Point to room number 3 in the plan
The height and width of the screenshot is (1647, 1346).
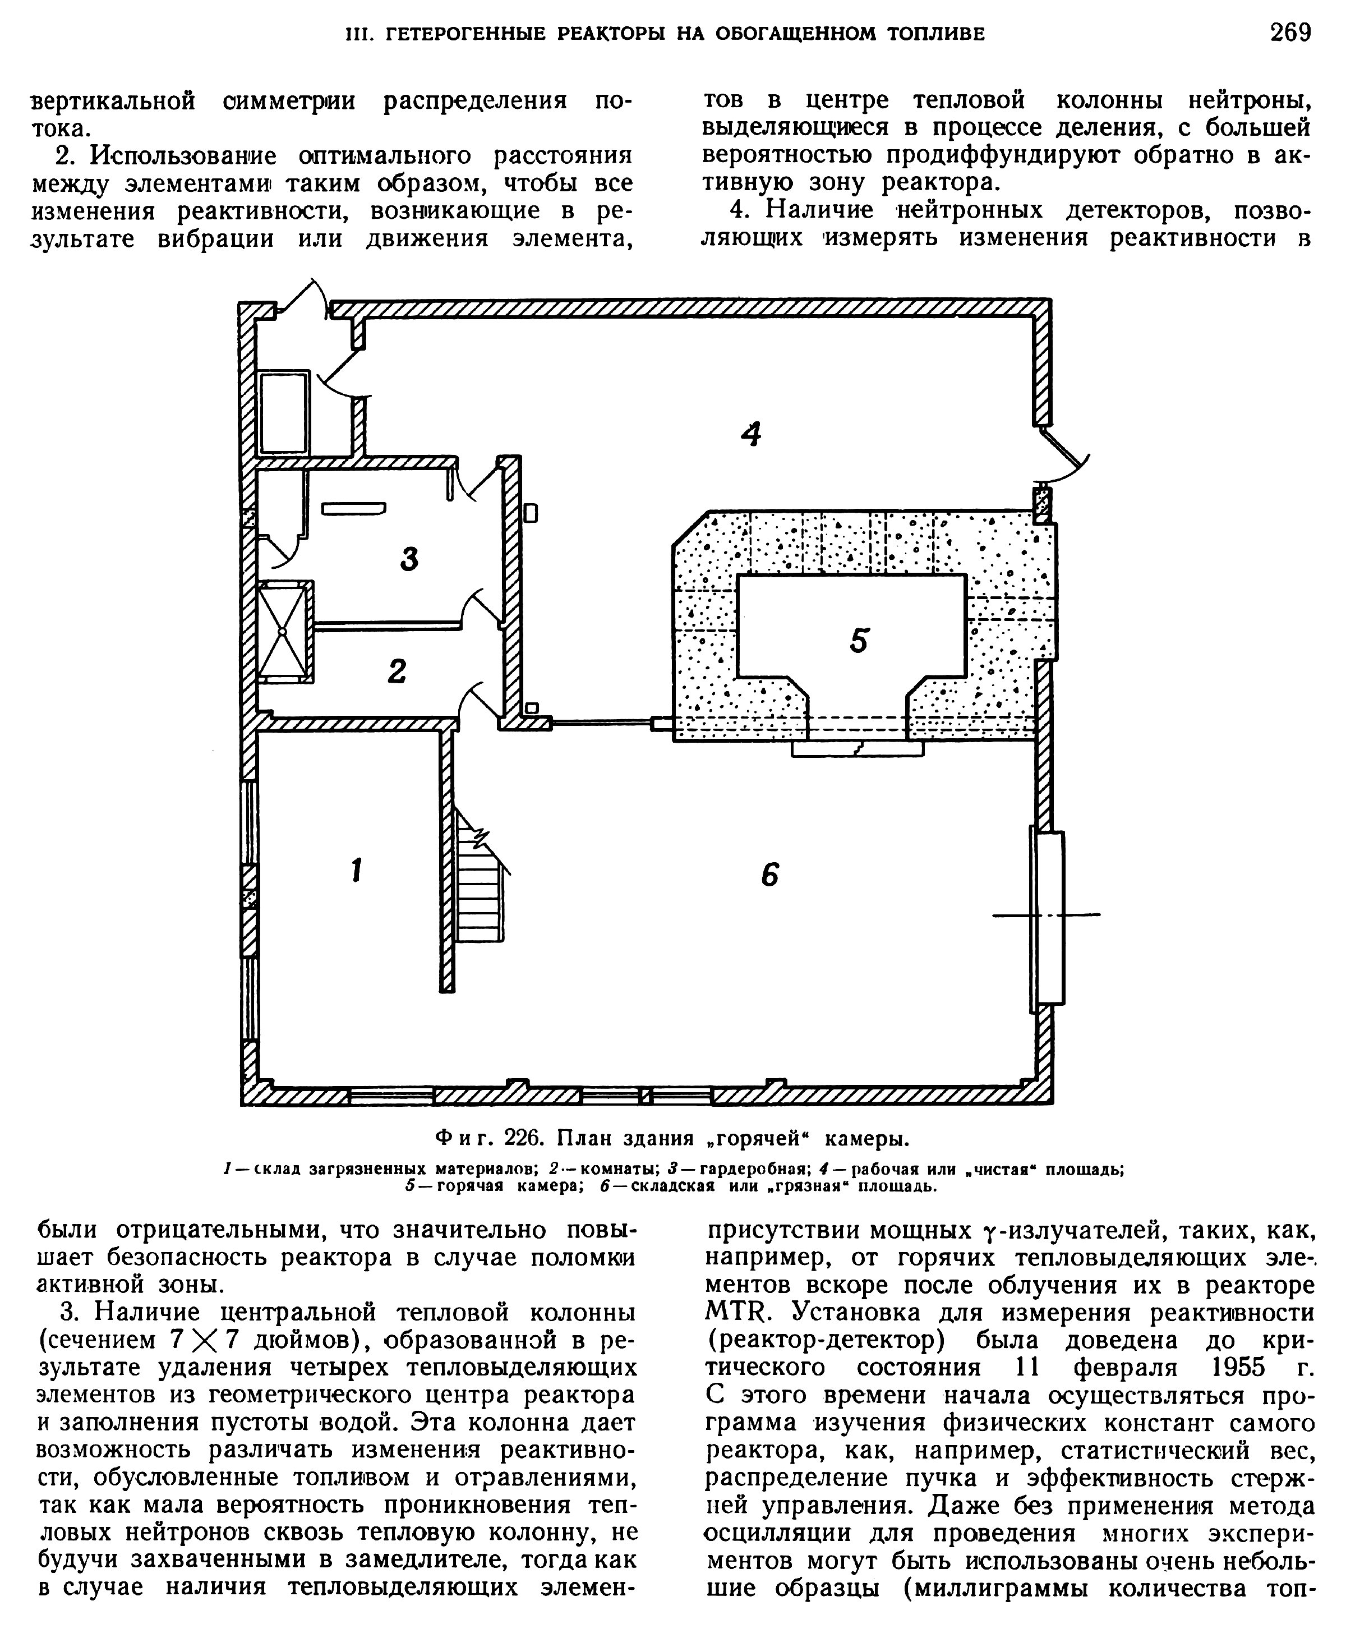coord(409,558)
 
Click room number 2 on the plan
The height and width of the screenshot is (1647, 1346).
coord(397,671)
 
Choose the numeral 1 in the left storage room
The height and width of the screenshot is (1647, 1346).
coord(356,870)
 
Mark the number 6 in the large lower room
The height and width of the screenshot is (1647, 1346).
coord(769,875)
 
